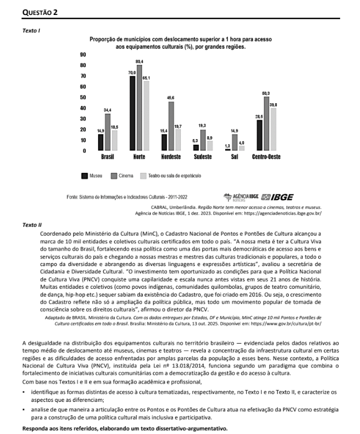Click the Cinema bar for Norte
pyautogui.click(x=139, y=108)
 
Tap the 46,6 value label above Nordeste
pyautogui.click(x=171, y=97)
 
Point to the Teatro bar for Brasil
pyautogui.click(x=114, y=141)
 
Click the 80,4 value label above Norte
pyautogui.click(x=139, y=61)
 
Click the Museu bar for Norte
pyautogui.click(x=132, y=113)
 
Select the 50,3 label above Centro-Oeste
pyautogui.click(x=266, y=93)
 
